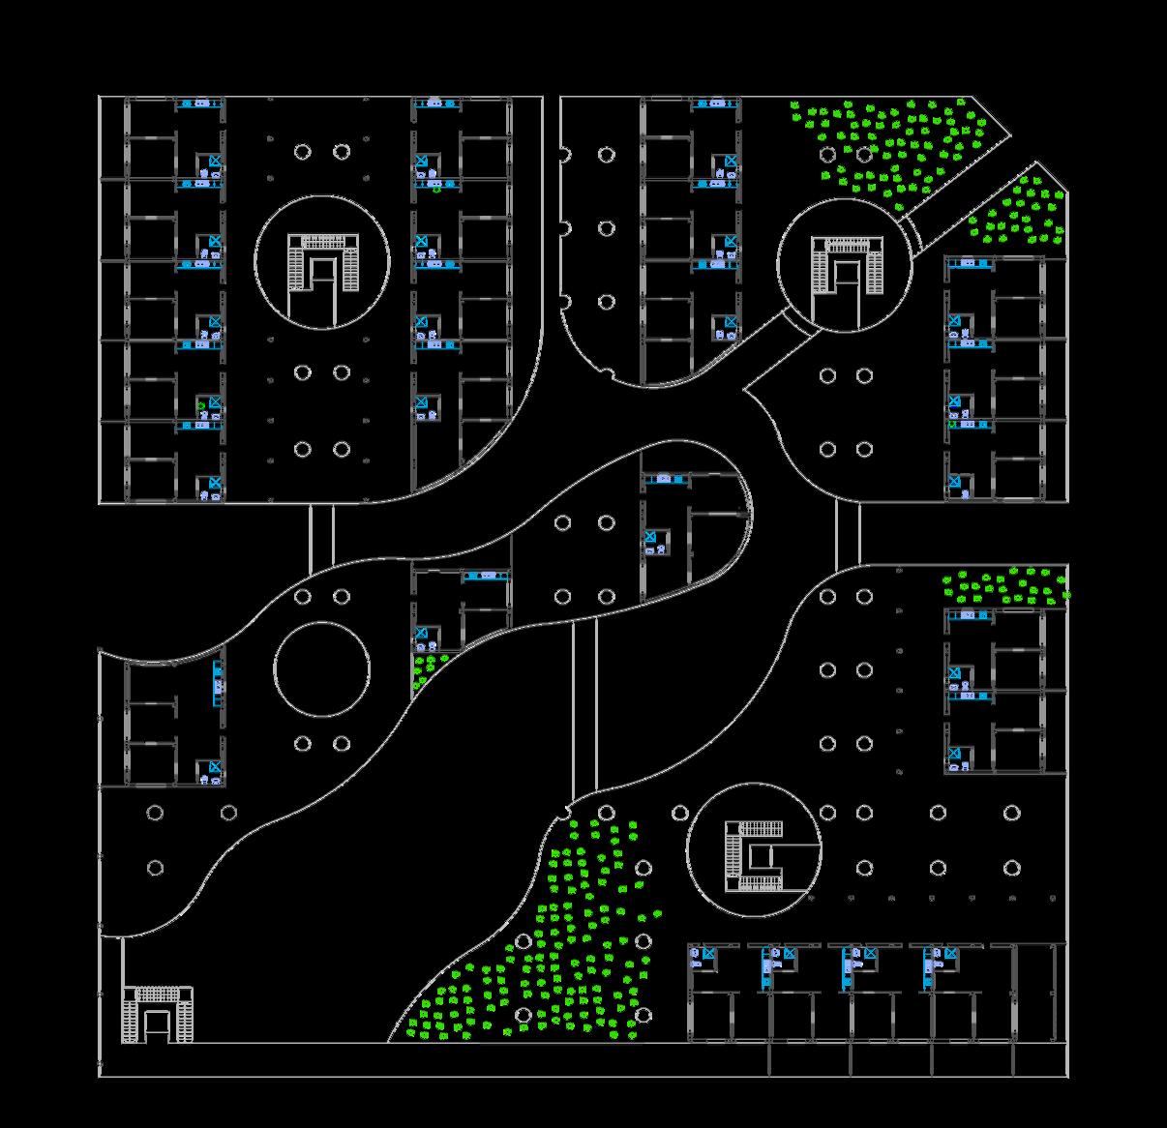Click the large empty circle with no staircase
(322, 669)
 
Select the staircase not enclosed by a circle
(157, 1014)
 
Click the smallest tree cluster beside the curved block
(427, 668)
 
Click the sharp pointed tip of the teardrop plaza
(745, 389)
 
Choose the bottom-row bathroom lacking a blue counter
(703, 958)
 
